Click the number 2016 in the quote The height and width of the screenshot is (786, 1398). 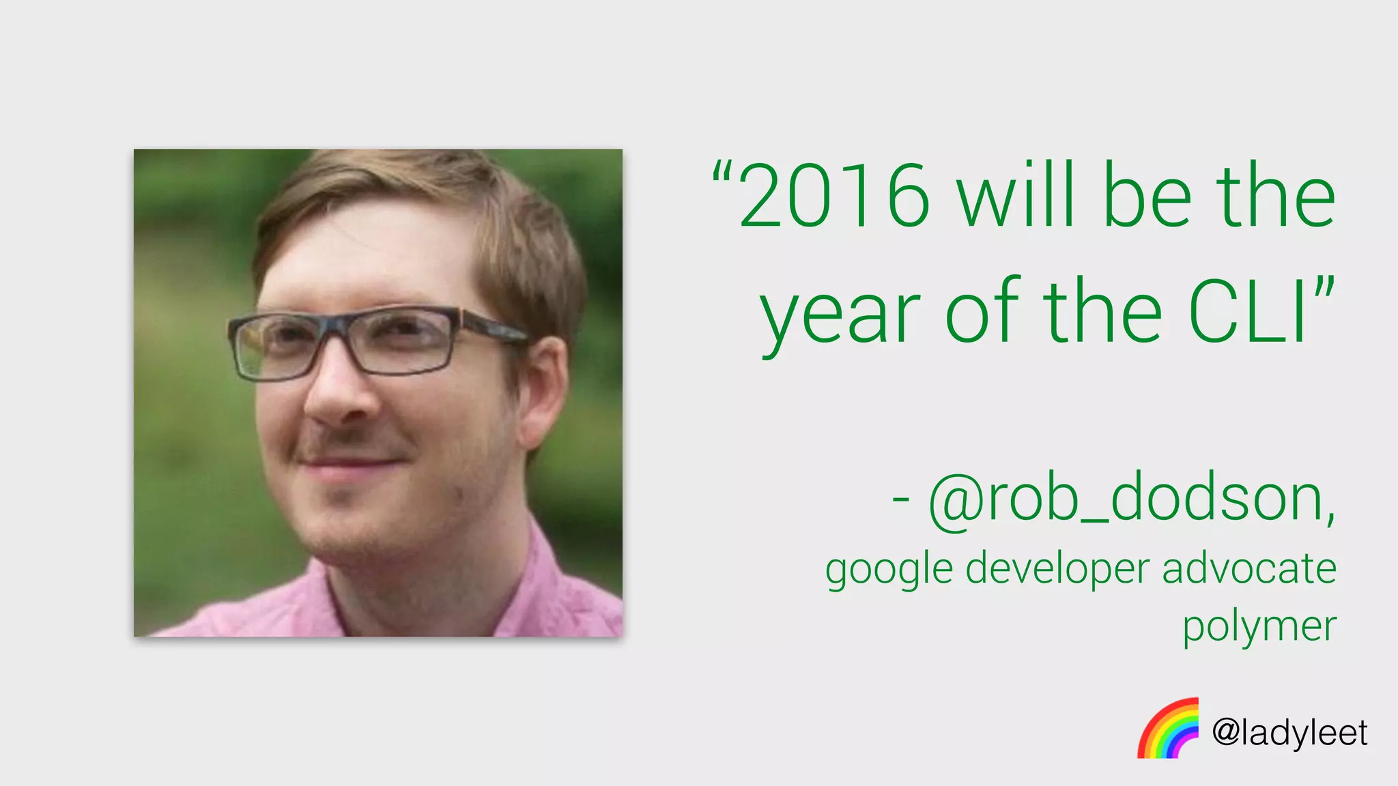click(x=834, y=196)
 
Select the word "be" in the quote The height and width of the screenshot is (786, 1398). click(x=1147, y=196)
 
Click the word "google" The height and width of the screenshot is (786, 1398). click(x=889, y=569)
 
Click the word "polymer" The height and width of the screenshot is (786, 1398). click(x=1259, y=626)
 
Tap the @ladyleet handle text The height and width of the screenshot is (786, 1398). click(x=1289, y=733)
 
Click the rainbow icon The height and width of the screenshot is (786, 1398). click(x=1168, y=729)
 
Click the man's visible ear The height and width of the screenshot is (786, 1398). click(x=545, y=389)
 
